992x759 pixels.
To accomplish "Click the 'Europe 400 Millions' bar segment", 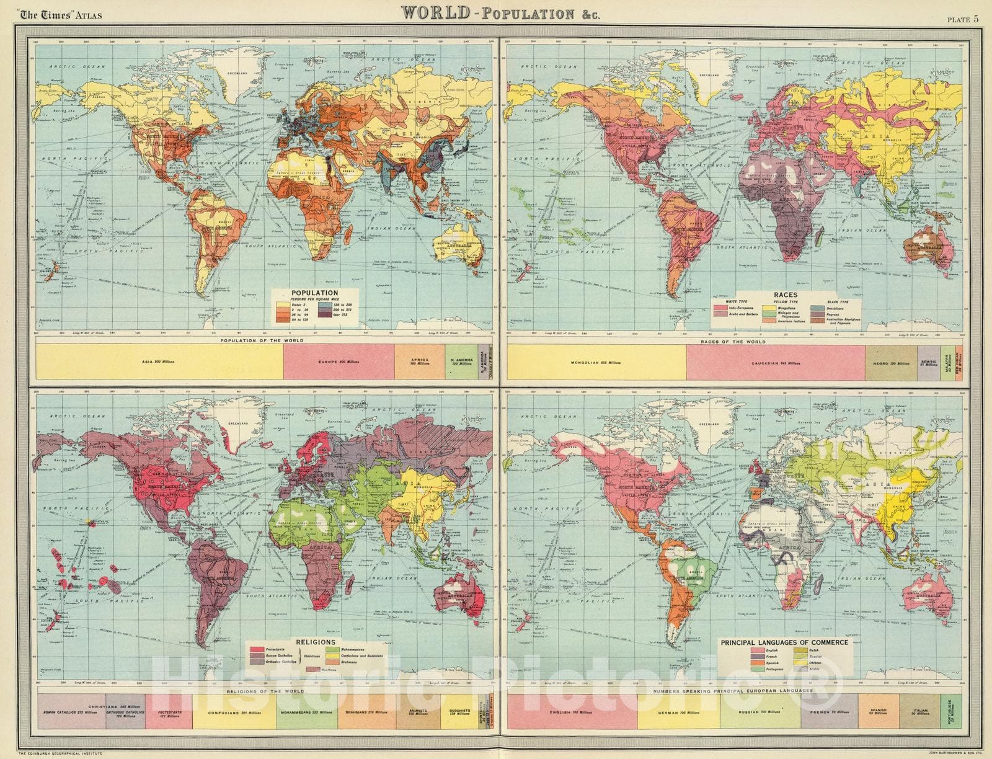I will point(339,361).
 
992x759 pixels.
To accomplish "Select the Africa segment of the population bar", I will point(420,361).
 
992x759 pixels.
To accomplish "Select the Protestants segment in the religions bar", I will point(169,710).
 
